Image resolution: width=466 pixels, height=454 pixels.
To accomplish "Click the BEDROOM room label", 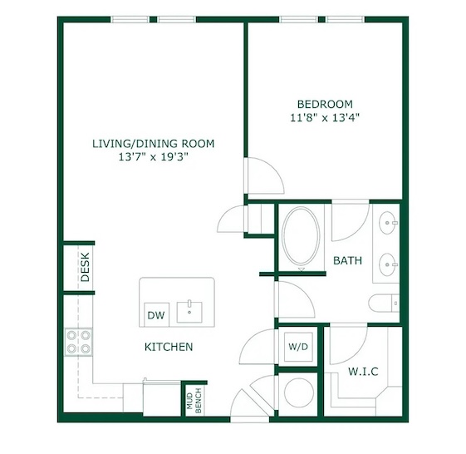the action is [325, 104].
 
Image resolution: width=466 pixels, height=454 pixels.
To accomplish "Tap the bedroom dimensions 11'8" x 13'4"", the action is [325, 118].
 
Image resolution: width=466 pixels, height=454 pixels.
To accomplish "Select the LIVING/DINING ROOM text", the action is [153, 144].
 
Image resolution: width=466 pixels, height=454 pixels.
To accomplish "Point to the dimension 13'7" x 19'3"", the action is [154, 157].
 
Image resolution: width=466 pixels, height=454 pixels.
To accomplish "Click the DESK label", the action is [86, 267].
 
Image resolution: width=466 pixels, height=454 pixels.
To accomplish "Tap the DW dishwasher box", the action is [156, 315].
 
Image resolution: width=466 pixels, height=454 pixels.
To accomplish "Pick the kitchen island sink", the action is [189, 312].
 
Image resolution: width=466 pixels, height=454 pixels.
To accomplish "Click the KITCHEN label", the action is [169, 347].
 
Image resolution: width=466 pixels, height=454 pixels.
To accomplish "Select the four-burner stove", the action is [78, 342].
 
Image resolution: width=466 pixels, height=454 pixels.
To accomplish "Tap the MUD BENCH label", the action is [194, 401].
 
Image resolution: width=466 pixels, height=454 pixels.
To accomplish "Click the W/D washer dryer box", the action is [298, 347].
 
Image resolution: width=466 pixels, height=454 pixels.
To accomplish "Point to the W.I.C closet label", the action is [363, 372].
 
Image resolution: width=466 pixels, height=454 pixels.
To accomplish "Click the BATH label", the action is [347, 260].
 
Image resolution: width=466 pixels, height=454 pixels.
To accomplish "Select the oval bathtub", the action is [301, 235].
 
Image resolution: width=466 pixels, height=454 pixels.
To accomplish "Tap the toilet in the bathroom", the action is [384, 303].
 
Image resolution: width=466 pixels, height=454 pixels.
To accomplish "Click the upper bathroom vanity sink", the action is [388, 223].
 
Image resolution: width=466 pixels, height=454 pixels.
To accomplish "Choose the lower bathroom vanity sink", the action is [388, 264].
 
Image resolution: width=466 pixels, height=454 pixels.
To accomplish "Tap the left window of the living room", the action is [130, 20].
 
